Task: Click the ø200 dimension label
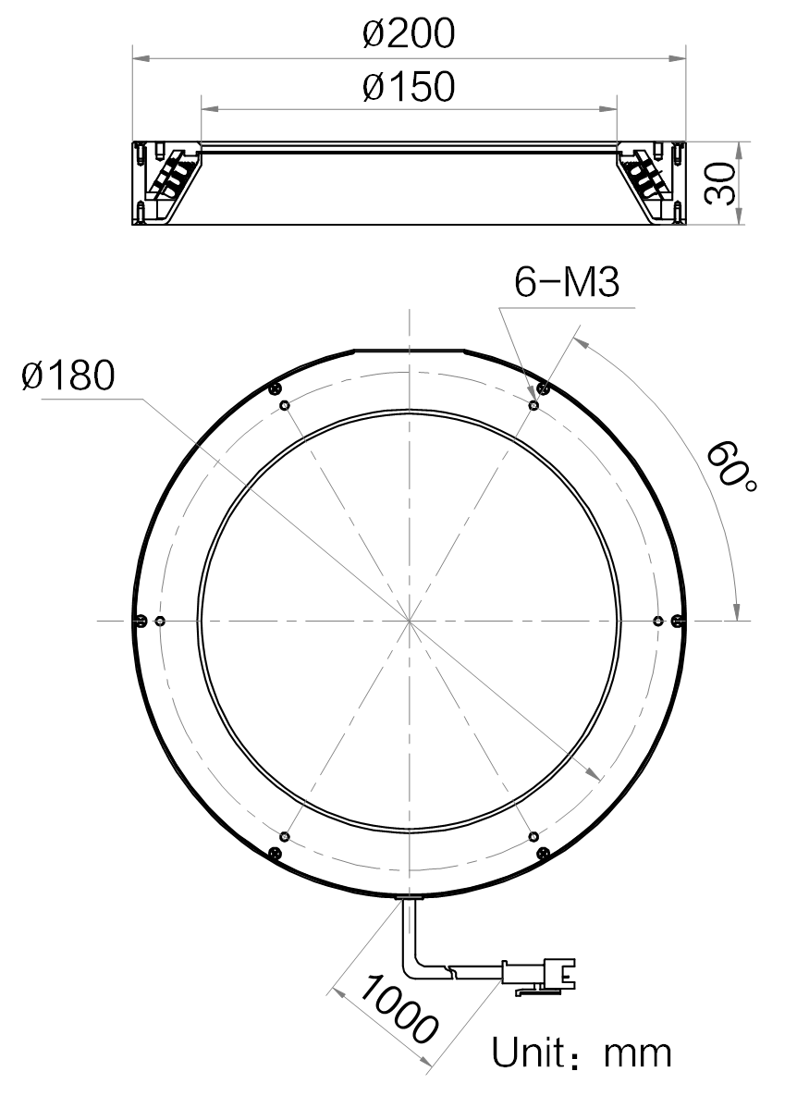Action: pos(409,33)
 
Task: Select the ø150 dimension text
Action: pos(409,87)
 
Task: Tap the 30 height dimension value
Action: pos(720,184)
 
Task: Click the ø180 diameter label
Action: pos(67,376)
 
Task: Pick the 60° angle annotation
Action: pos(730,465)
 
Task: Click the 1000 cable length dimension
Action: pos(398,1008)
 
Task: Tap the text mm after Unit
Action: pos(638,1054)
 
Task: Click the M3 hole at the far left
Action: pos(161,621)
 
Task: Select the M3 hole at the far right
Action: pos(657,621)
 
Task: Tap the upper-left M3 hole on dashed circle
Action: pos(284,405)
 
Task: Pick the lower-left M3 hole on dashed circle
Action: pos(284,836)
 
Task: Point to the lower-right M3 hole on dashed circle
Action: pos(533,836)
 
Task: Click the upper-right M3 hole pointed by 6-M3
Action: pos(533,405)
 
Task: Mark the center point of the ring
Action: pos(410,621)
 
